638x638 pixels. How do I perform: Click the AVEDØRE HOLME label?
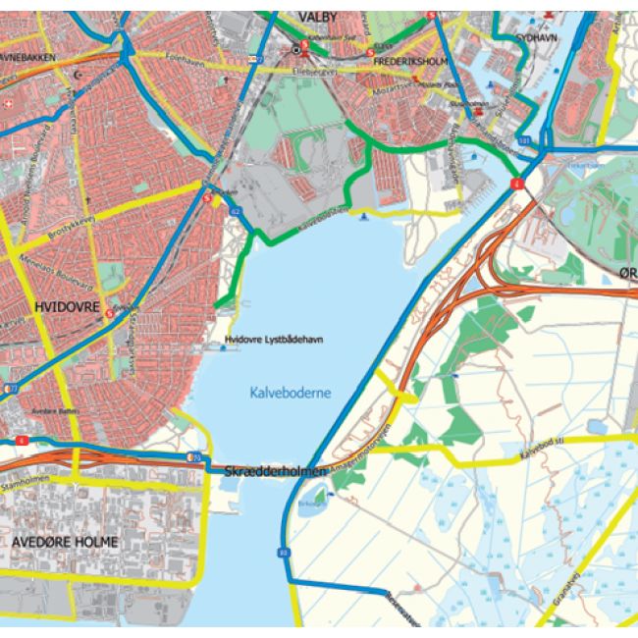66,542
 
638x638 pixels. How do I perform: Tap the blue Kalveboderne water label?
286,393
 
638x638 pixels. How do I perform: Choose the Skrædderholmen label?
275,473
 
